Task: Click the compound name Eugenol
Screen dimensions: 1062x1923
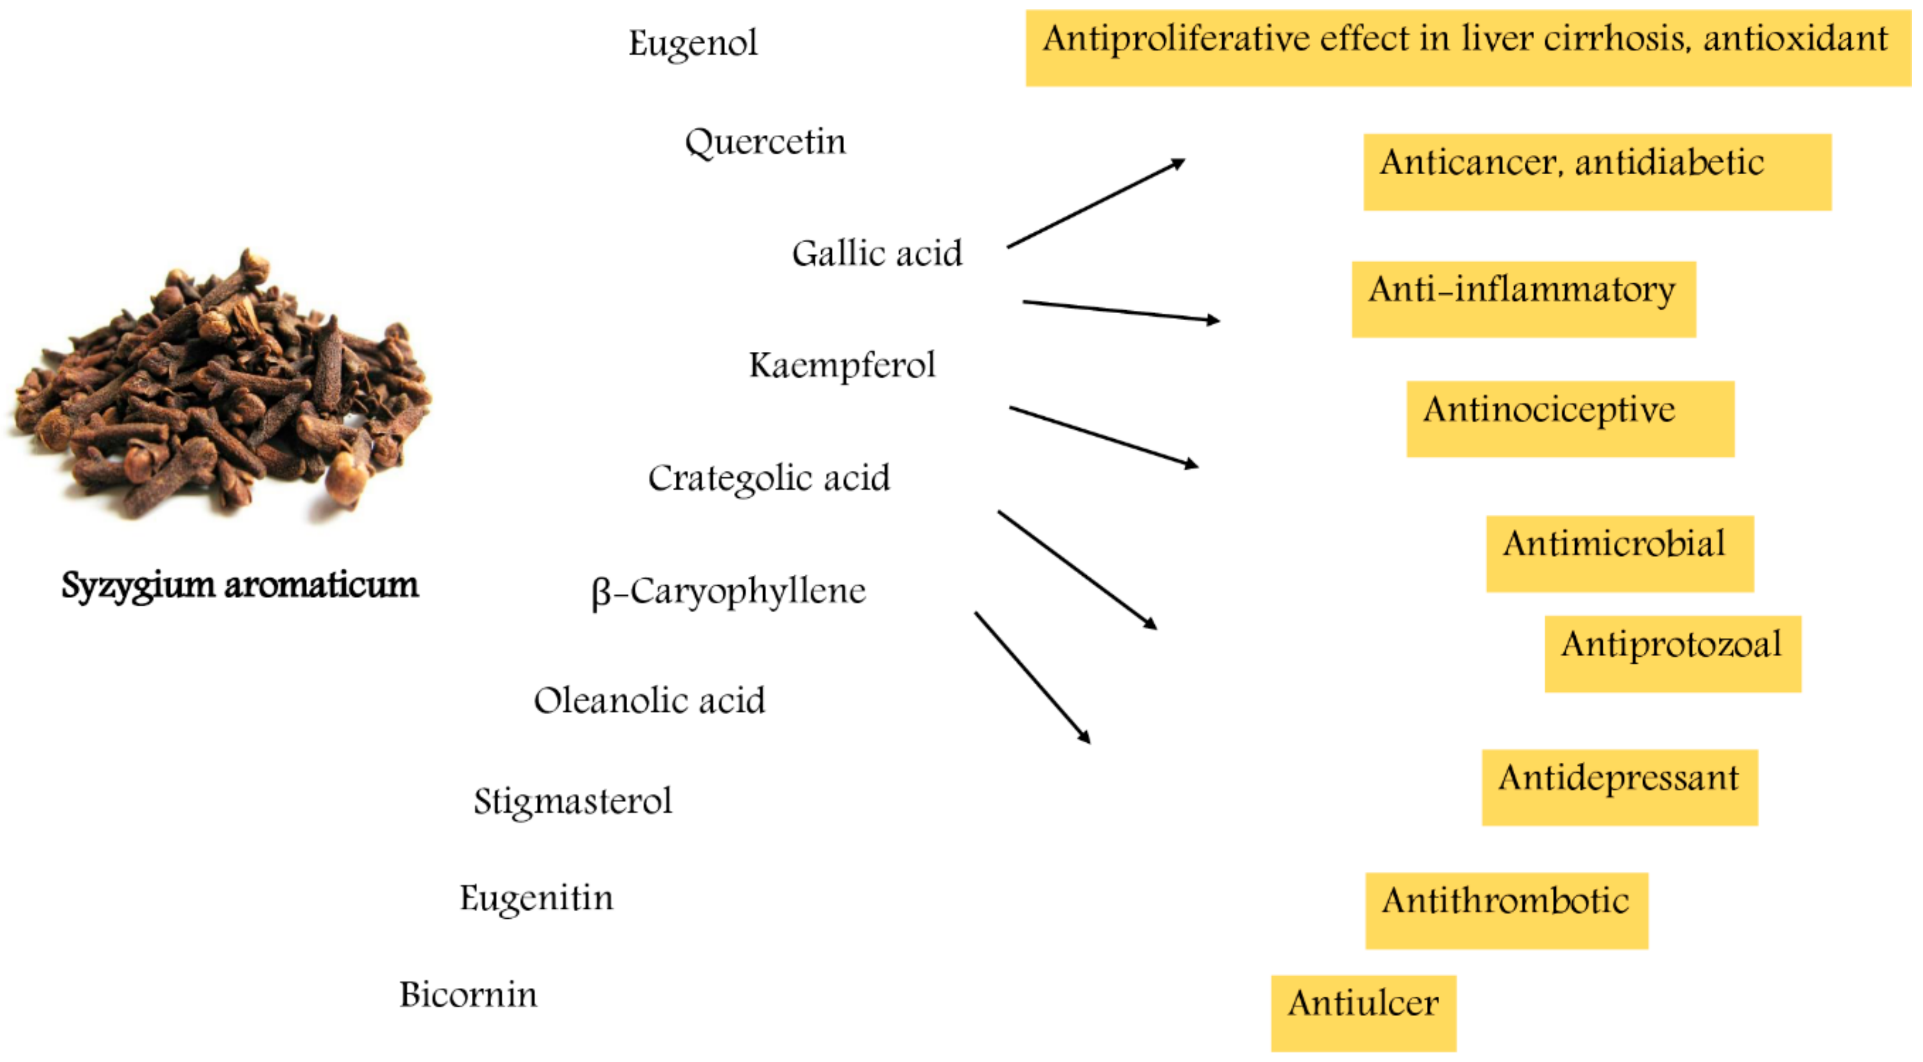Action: point(693,43)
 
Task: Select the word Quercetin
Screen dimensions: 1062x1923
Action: point(765,142)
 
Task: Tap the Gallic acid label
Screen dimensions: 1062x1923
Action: point(877,254)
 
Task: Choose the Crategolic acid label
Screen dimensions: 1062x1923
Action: point(769,478)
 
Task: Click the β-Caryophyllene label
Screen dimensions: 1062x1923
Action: point(728,591)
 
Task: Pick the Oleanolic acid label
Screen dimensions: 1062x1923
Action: point(649,700)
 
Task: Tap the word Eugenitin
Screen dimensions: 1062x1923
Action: point(536,898)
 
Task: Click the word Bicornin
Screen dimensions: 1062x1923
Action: point(468,995)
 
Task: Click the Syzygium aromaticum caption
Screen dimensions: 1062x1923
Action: point(239,585)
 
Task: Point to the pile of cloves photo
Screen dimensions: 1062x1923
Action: point(220,388)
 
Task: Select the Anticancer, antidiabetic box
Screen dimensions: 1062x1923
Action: point(1597,172)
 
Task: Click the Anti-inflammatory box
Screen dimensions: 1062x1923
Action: point(1523,299)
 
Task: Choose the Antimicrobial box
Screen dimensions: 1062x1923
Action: point(1619,554)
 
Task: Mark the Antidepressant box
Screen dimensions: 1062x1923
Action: point(1619,787)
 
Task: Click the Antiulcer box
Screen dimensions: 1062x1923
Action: point(1363,1013)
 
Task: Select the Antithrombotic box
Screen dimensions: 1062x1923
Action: point(1505,910)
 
